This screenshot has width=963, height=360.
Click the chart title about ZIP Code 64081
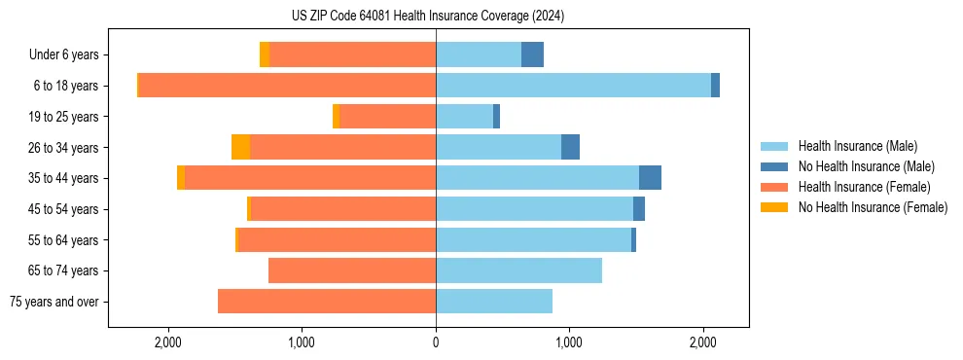pyautogui.click(x=427, y=17)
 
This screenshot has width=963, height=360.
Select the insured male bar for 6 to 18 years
pyautogui.click(x=573, y=86)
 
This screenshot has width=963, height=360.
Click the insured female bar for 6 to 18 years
pyautogui.click(x=287, y=86)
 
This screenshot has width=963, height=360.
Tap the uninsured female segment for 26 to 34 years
pyautogui.click(x=240, y=147)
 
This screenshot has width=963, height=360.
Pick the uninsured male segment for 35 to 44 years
pyautogui.click(x=650, y=178)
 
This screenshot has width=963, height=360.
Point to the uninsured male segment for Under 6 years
pyautogui.click(x=532, y=54)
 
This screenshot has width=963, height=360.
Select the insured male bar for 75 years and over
pyautogui.click(x=494, y=302)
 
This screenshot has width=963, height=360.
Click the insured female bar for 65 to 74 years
pyautogui.click(x=352, y=270)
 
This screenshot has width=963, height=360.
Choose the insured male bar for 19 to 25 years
pyautogui.click(x=464, y=117)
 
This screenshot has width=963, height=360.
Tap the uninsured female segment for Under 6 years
pyautogui.click(x=265, y=54)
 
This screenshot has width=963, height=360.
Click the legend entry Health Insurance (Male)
pyautogui.click(x=857, y=146)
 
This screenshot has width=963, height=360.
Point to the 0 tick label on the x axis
pyautogui.click(x=436, y=342)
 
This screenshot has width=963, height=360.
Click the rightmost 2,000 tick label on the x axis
pyautogui.click(x=703, y=342)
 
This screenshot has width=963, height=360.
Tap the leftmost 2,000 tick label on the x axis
pyautogui.click(x=168, y=342)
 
